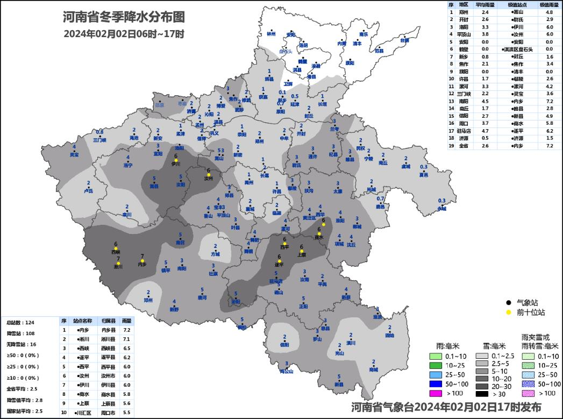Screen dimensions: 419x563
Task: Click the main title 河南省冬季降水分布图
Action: tap(124, 17)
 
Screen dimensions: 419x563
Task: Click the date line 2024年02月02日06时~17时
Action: tap(124, 34)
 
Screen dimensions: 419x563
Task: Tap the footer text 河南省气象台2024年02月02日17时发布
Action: tap(446, 407)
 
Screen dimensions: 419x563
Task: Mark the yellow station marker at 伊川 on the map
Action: tap(176, 160)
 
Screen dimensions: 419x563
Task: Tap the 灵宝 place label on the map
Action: tap(74, 155)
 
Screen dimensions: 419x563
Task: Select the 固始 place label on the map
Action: tap(390, 335)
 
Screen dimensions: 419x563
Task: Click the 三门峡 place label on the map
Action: tap(99, 140)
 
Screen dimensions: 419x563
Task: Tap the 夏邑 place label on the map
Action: tap(424, 175)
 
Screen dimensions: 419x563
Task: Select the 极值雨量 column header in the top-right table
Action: tap(550, 4)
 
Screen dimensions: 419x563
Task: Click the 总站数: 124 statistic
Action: tap(20, 322)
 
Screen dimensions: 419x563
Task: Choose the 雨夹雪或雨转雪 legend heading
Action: tap(539, 340)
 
